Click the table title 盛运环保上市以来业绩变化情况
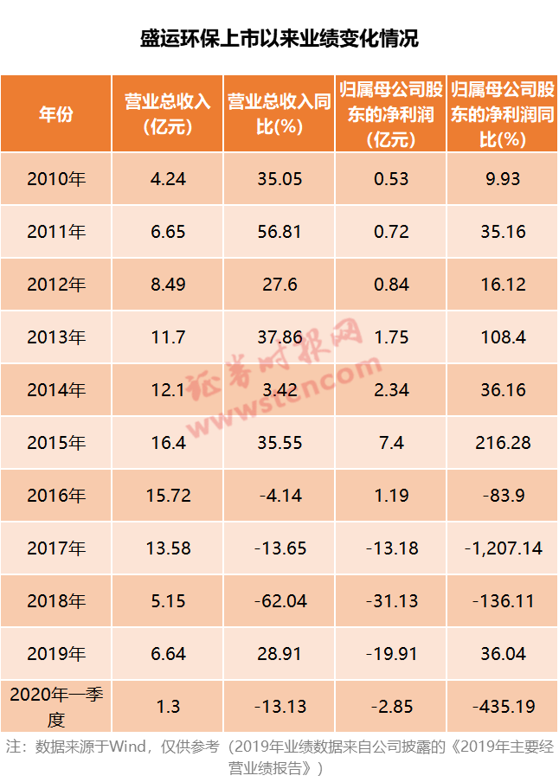[279, 39]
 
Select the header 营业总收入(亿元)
[167, 114]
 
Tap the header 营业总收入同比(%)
[279, 114]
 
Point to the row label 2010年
[56, 179]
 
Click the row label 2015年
[56, 443]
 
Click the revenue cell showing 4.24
[168, 179]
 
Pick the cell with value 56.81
[279, 232]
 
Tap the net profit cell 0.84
[391, 285]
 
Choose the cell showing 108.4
[503, 337]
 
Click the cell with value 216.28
[503, 443]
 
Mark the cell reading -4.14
[279, 496]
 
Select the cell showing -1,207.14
[503, 548]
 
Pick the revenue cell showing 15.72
[168, 496]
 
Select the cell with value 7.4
[391, 443]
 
